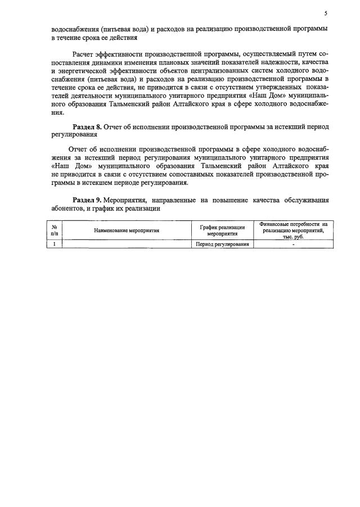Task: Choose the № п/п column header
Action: click(x=55, y=230)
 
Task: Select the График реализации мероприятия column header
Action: click(x=222, y=230)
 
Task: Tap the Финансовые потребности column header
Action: click(x=293, y=230)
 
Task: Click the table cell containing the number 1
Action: click(x=55, y=245)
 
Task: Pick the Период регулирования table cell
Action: click(x=222, y=245)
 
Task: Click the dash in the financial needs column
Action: click(x=293, y=245)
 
